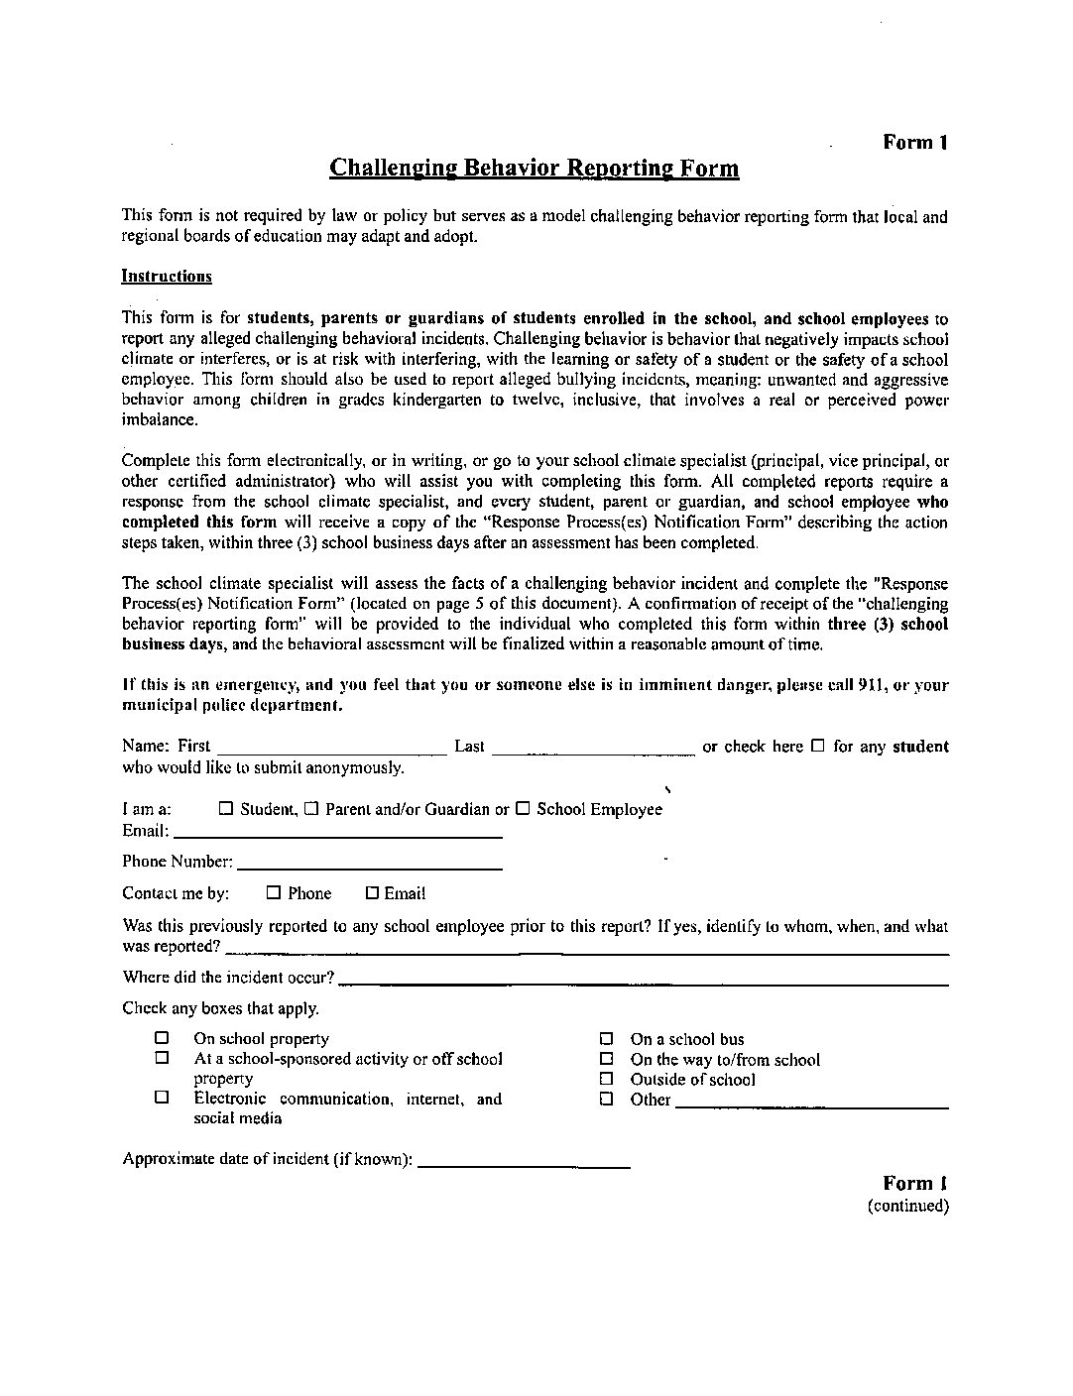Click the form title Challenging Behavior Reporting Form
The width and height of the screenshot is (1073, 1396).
(534, 168)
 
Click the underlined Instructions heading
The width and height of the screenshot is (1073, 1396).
(167, 277)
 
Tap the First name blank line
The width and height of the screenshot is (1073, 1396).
(331, 751)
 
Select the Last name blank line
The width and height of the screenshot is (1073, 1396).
(593, 751)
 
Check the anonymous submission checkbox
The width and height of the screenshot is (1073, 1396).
(818, 747)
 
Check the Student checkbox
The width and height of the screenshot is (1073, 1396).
(225, 809)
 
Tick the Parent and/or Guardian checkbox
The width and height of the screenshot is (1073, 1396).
(311, 809)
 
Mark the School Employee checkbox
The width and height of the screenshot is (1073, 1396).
(523, 809)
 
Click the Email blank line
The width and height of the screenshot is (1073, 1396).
(337, 835)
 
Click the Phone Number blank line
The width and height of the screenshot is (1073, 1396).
(369, 867)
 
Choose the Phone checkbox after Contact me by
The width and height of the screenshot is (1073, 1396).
(274, 893)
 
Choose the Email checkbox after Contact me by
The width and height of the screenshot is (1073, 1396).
(373, 893)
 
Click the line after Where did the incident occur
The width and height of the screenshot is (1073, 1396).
(643, 982)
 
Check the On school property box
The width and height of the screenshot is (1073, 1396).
(162, 1039)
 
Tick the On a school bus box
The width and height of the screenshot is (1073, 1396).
(606, 1040)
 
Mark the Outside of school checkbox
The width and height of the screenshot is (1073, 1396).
(606, 1080)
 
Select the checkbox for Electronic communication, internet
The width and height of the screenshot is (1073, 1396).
(162, 1099)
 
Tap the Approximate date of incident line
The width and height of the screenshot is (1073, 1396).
(525, 1164)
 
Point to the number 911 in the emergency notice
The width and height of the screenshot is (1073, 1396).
(870, 685)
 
